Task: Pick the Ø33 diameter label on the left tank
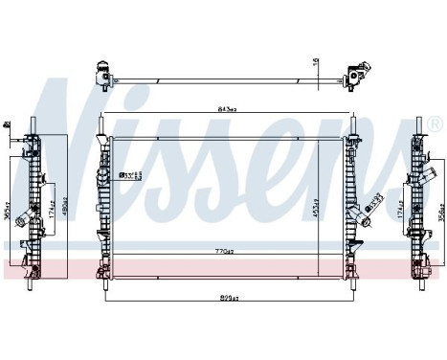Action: (129, 175)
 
